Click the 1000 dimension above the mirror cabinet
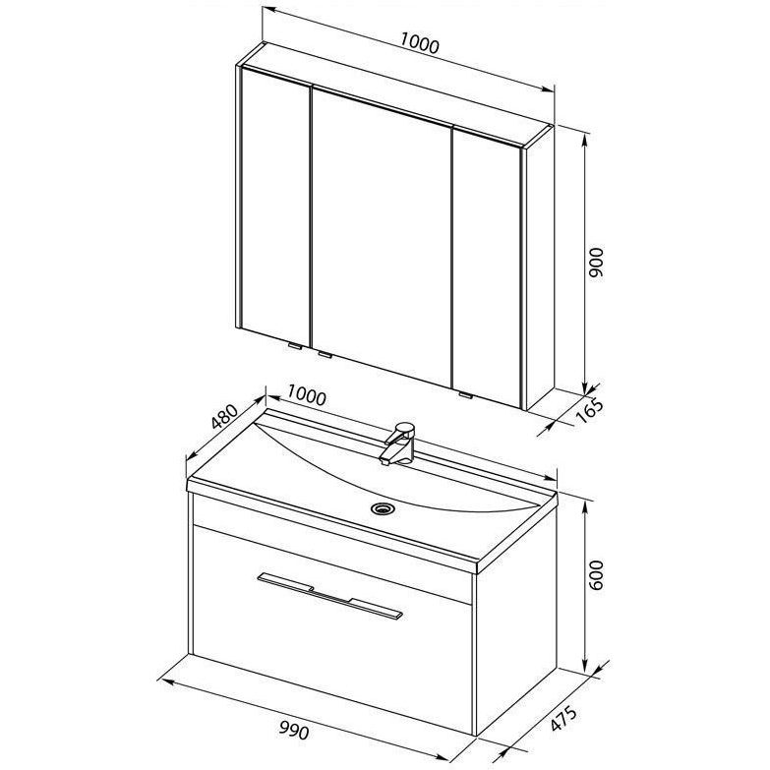pos(419,42)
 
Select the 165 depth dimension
pos(589,410)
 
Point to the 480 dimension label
pos(224,416)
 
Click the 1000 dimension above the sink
pos(307,394)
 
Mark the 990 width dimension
pos(294,732)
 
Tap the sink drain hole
pos(381,507)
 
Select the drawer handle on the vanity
pos(329,594)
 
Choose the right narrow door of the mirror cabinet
pos(487,268)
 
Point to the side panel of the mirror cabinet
pos(540,267)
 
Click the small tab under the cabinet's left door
pos(296,346)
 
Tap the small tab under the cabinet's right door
pos(465,394)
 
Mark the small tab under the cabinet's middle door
pos(326,354)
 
